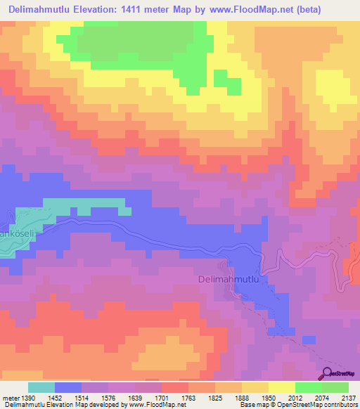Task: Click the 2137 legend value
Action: tap(349, 398)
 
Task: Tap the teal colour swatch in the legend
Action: tap(41, 387)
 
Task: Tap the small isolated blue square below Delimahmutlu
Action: tap(308, 340)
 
